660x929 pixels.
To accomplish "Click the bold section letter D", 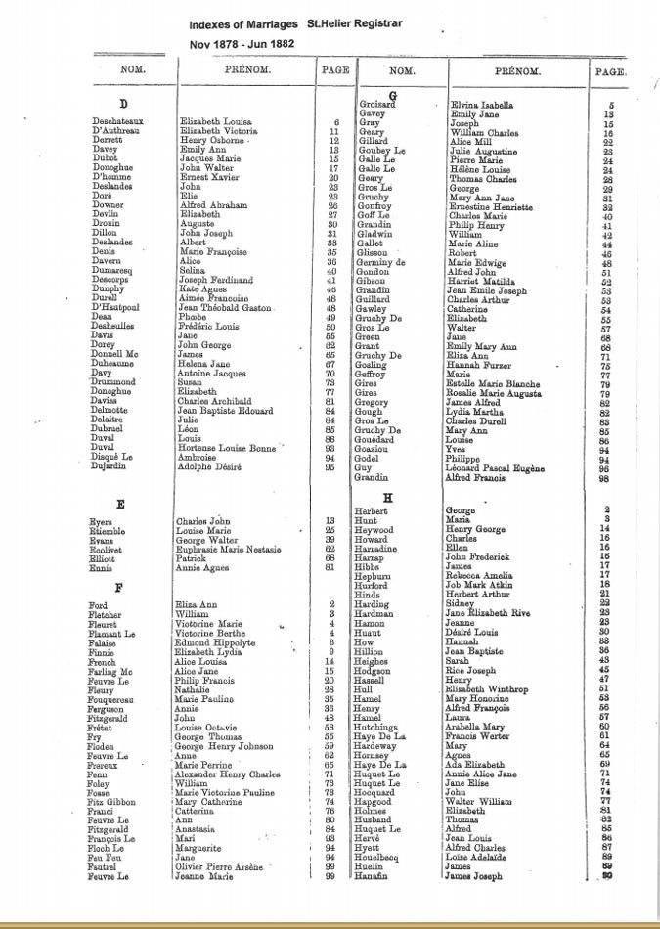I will tap(123, 104).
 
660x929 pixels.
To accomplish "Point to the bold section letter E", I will tap(119, 505).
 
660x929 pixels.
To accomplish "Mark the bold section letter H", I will tap(389, 498).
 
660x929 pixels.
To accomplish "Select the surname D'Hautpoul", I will tap(114, 308).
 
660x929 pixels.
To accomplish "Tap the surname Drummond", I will tap(115, 381).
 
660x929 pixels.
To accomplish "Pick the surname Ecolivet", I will tap(110, 549).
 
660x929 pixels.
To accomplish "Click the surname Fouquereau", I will tap(116, 700).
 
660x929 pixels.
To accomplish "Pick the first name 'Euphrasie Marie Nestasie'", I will tap(231, 549).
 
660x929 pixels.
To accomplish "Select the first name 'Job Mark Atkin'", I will tap(480, 584).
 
